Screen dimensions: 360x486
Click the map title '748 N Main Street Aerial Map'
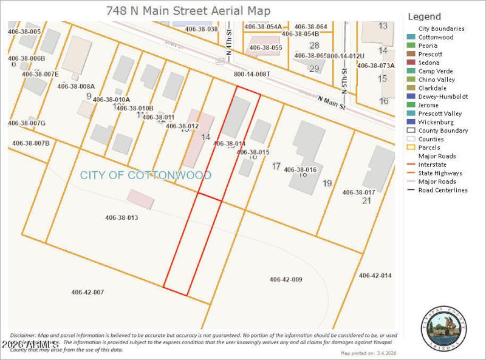click(x=188, y=11)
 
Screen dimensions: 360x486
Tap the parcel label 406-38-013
click(x=122, y=217)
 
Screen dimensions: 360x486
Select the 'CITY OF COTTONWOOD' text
click(x=146, y=175)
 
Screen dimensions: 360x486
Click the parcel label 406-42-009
click(x=286, y=279)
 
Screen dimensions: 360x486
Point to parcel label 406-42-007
click(x=87, y=292)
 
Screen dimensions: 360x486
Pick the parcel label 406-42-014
click(x=375, y=276)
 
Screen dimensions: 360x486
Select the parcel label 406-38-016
click(x=300, y=169)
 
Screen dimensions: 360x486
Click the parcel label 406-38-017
click(x=358, y=192)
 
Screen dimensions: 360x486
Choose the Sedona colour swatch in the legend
click(x=411, y=63)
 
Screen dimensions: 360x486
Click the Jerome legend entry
click(x=428, y=105)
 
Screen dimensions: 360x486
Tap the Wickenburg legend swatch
click(x=411, y=122)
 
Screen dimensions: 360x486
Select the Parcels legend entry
click(x=429, y=148)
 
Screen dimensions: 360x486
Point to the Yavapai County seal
click(x=443, y=331)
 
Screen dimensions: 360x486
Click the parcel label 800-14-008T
click(x=252, y=74)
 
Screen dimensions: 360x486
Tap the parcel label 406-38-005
click(x=24, y=31)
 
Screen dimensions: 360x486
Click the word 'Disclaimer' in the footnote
click(x=23, y=335)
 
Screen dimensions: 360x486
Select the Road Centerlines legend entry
click(x=443, y=190)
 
